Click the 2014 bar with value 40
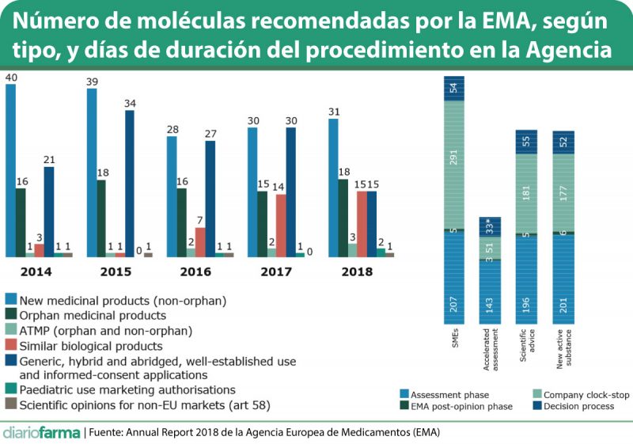pyautogui.click(x=10, y=170)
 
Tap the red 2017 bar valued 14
pyautogui.click(x=281, y=226)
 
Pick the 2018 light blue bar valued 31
pyautogui.click(x=333, y=188)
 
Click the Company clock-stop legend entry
pyautogui.click(x=575, y=393)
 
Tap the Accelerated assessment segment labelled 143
pyautogui.click(x=489, y=291)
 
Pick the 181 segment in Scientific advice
pyautogui.click(x=526, y=194)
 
